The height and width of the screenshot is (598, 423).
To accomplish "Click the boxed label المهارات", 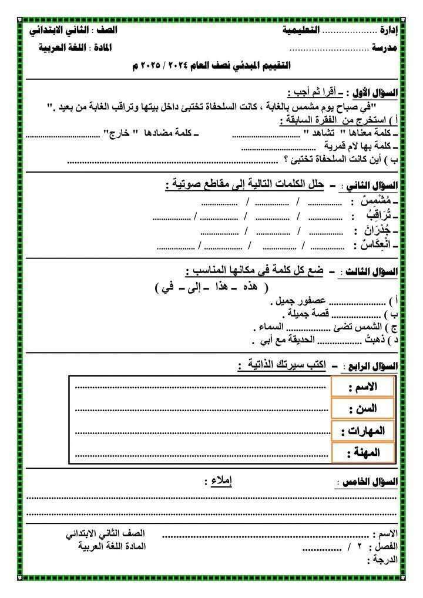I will coord(362,431).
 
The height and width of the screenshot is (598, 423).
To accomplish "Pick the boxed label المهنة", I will coord(362,452).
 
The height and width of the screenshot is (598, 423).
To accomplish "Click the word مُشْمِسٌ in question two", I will coord(381,201).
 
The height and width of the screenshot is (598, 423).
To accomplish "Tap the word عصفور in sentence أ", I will coord(314,302).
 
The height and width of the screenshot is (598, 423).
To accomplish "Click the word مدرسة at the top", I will coord(385,48).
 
